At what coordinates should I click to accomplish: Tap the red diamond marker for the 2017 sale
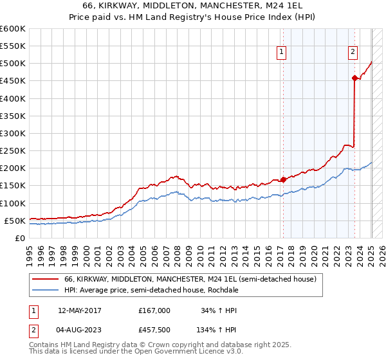(x=283, y=179)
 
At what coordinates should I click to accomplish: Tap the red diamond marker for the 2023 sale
(x=354, y=78)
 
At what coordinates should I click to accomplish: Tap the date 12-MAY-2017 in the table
(x=79, y=310)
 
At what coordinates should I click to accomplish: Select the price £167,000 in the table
(x=154, y=310)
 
